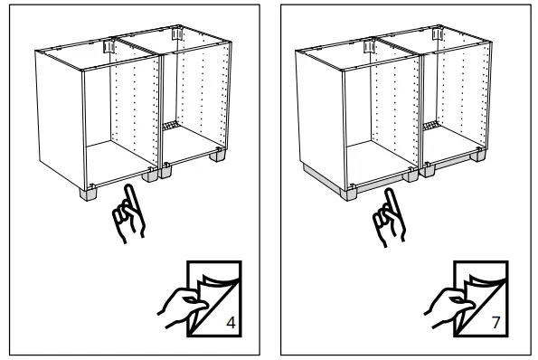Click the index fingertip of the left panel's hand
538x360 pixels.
pyautogui.click(x=132, y=186)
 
